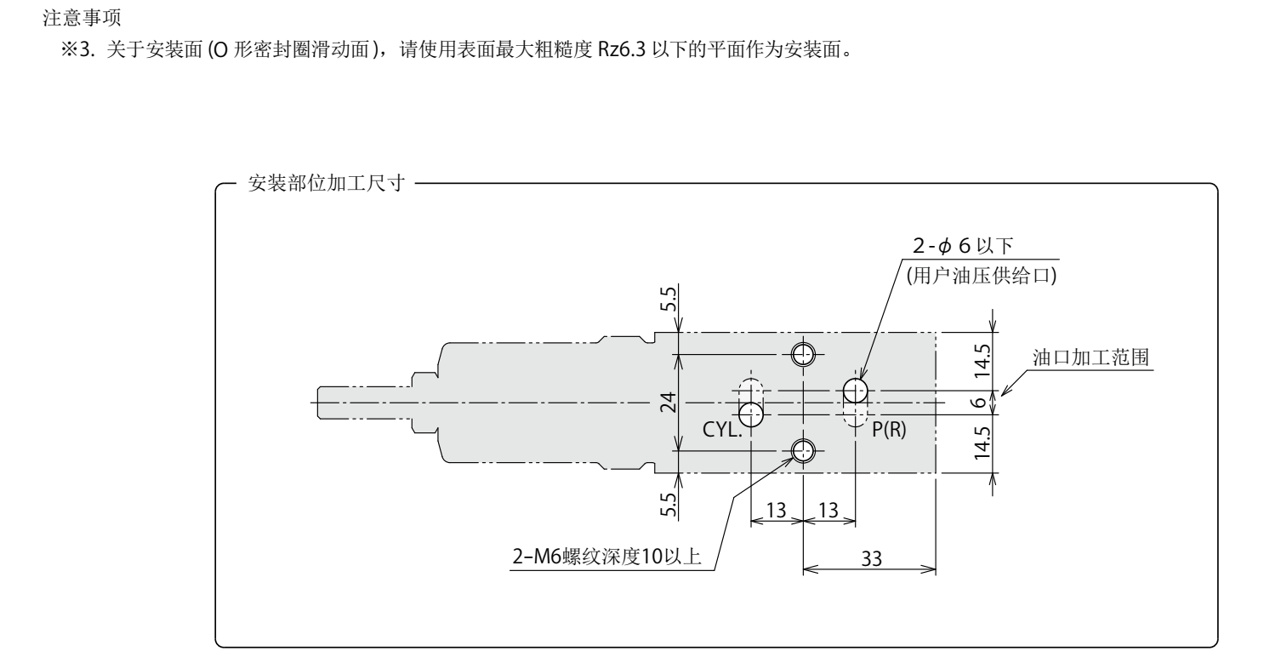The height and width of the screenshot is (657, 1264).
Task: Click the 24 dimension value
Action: [669, 401]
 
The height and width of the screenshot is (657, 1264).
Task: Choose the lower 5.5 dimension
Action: [669, 503]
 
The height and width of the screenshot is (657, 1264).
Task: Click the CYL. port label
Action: [723, 431]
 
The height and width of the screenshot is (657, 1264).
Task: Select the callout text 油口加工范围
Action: [1090, 358]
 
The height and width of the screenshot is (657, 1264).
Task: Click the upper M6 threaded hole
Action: [802, 352]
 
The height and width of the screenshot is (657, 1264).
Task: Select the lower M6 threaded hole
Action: [802, 449]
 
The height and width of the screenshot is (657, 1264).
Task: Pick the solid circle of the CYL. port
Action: [750, 414]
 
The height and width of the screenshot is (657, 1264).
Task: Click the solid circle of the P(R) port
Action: [855, 391]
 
